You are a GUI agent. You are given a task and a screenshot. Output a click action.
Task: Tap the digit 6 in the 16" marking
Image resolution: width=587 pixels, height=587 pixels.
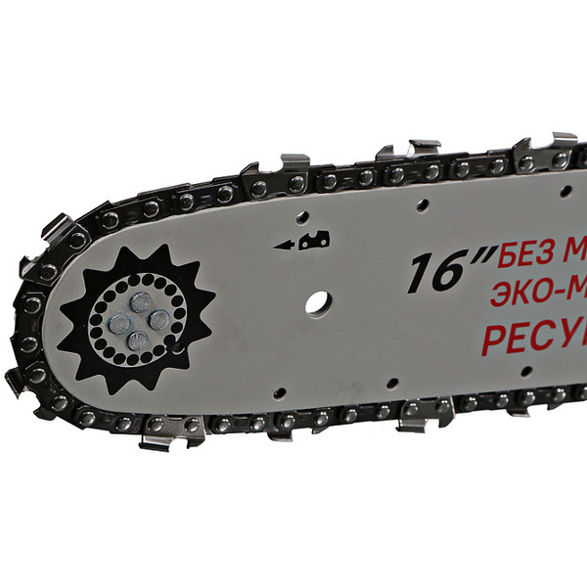(x=449, y=273)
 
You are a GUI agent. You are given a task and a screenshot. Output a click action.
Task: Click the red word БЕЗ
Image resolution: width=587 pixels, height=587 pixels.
(x=525, y=258)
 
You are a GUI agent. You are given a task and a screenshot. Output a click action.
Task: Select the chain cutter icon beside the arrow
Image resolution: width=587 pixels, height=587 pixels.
(x=315, y=239)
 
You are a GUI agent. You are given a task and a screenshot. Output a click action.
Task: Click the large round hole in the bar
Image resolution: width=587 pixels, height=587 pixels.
(x=316, y=302)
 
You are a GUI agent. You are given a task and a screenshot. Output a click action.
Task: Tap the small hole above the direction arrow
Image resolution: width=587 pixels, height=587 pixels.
(x=302, y=216)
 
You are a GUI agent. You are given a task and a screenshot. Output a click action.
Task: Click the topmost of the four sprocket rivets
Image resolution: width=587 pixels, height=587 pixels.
(x=143, y=303)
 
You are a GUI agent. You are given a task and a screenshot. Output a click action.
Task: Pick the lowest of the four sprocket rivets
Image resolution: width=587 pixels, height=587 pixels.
(x=138, y=339)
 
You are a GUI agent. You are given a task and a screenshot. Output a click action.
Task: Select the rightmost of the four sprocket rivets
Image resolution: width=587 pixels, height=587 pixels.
(x=158, y=320)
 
